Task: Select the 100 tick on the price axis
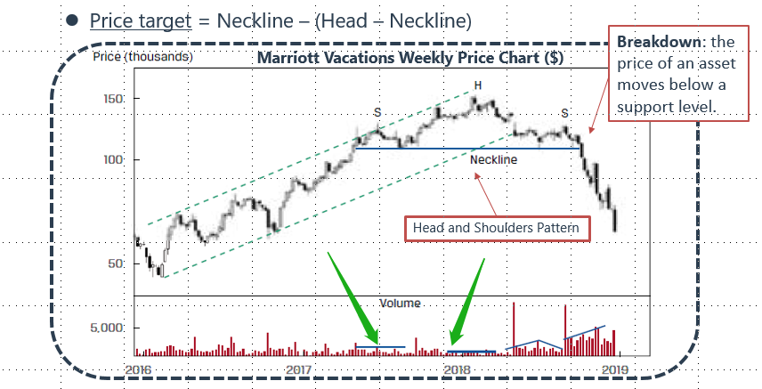point(113,159)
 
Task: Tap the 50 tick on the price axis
point(117,263)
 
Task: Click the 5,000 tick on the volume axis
point(109,328)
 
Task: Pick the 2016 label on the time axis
point(139,369)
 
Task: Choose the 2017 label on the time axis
point(297,369)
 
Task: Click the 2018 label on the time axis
point(457,369)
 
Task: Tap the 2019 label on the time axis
point(614,369)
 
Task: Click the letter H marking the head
point(478,85)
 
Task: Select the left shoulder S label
point(377,112)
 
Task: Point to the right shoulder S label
point(564,113)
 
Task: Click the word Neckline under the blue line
point(493,160)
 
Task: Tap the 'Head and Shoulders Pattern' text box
point(496,228)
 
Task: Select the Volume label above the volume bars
point(400,303)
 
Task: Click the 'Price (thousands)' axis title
point(143,58)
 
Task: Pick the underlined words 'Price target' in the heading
point(139,20)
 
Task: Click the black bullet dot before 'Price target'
point(72,20)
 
